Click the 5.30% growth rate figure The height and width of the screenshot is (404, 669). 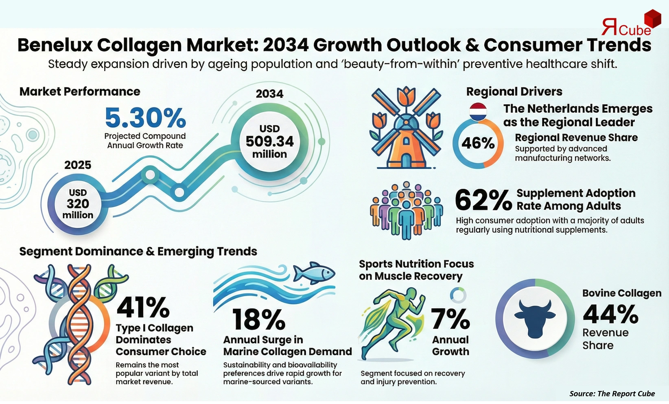tap(145, 118)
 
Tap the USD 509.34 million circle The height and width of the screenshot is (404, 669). tap(269, 141)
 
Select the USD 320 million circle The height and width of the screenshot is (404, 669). tap(78, 204)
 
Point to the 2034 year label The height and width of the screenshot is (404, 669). tap(269, 94)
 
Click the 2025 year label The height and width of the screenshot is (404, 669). tap(78, 165)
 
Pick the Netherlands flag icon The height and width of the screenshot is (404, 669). tap(478, 112)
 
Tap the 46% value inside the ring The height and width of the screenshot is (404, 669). tap(478, 143)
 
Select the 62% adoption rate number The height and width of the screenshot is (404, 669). tap(483, 200)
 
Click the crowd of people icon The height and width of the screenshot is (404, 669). tap(406, 210)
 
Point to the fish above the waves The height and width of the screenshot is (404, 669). tap(314, 273)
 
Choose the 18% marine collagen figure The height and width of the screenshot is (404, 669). tap(258, 319)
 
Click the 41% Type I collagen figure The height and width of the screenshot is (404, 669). tap(143, 307)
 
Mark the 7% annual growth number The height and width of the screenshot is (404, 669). tap(450, 319)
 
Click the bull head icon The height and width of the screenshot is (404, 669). tap(535, 319)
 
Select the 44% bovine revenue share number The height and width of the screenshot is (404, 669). tap(610, 314)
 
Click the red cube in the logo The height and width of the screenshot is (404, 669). tap(653, 19)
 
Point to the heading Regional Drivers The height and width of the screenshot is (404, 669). tap(514, 92)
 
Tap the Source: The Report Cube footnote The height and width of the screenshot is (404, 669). tap(612, 393)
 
